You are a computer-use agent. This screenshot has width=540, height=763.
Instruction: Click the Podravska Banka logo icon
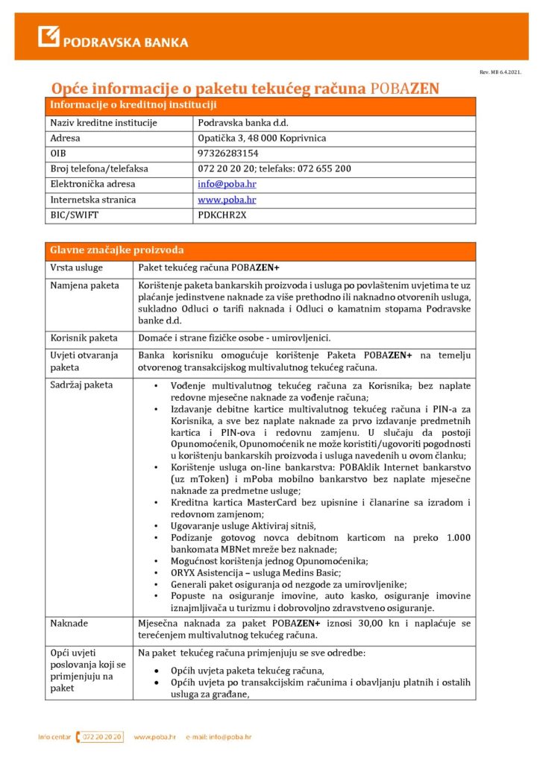click(x=48, y=36)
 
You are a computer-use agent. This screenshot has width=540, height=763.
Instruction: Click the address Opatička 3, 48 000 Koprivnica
click(x=262, y=138)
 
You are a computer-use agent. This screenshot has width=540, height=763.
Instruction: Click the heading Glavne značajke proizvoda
click(x=116, y=250)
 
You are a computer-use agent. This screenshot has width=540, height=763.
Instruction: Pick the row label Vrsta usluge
click(x=77, y=267)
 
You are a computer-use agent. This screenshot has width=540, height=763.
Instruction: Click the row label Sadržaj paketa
click(x=81, y=385)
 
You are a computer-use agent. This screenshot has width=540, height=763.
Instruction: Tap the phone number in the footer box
click(x=101, y=737)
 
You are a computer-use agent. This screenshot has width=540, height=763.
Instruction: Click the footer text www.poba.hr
click(x=154, y=737)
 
